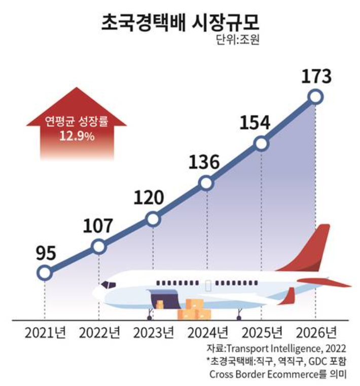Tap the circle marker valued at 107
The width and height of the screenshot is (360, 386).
[x=99, y=247]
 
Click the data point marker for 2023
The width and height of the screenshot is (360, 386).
[x=153, y=219]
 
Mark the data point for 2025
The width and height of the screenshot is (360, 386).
[x=261, y=143]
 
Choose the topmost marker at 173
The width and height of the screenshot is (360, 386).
[x=315, y=96]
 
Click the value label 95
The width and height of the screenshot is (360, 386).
[x=46, y=252]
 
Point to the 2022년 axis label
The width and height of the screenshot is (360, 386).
[x=100, y=333]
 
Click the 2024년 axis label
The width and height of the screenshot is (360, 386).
[x=207, y=333]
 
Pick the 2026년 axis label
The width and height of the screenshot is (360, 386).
[x=315, y=333]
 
